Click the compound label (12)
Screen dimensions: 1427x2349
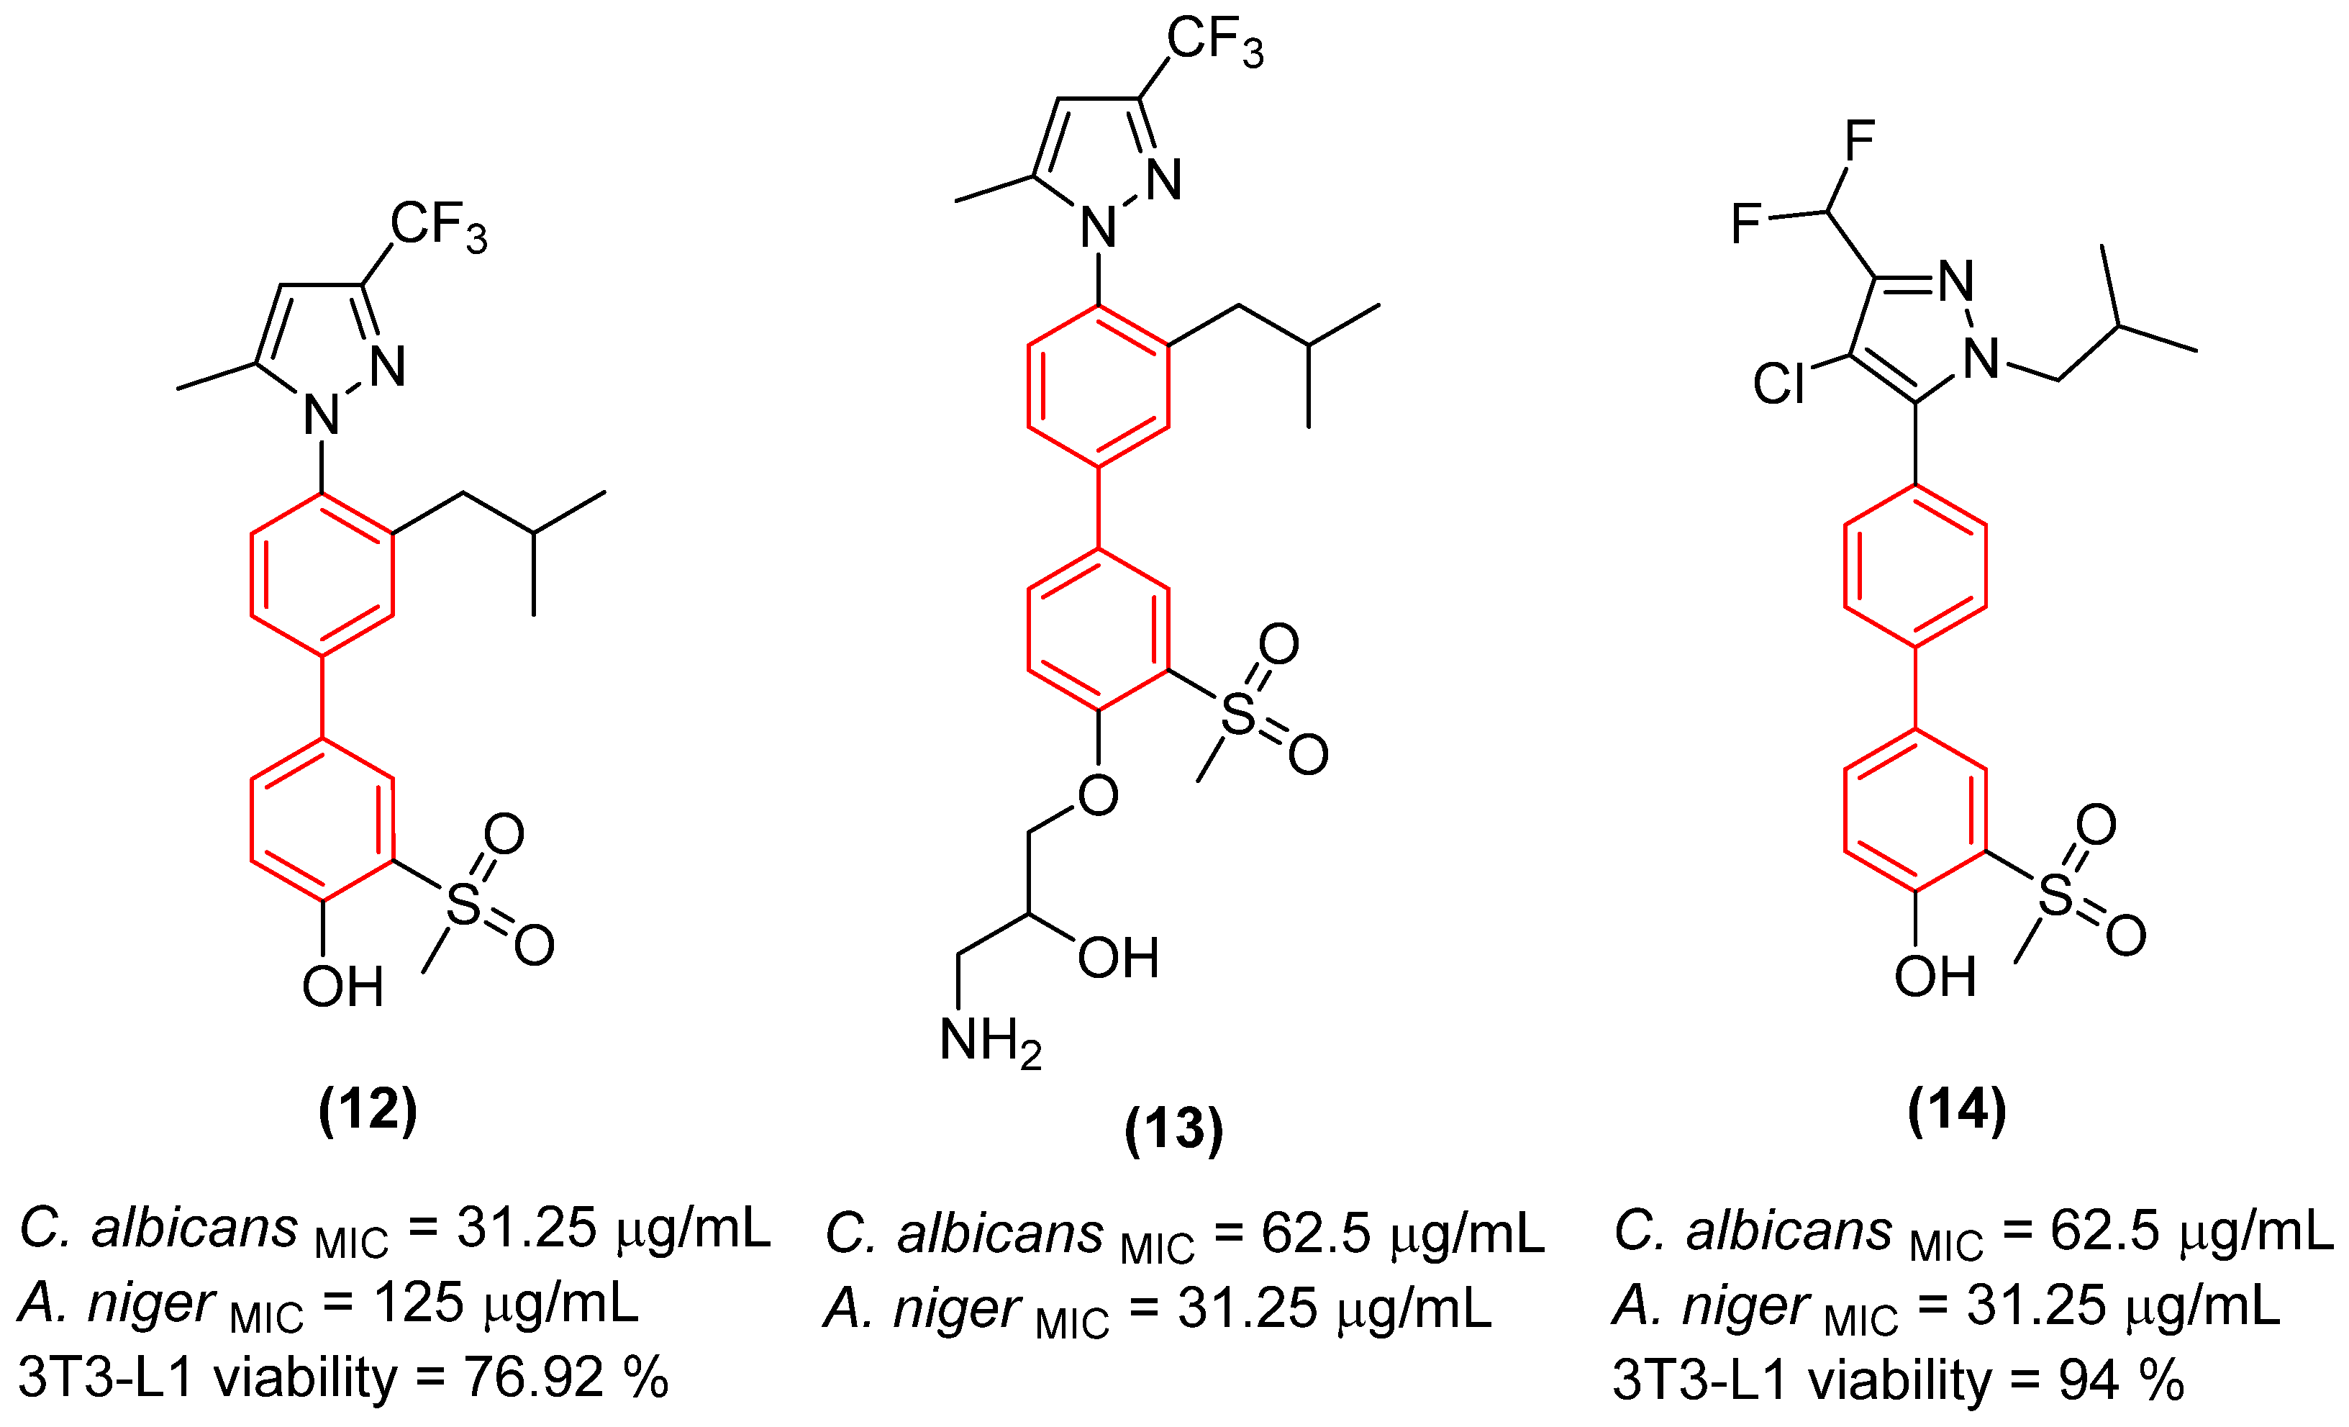[x=368, y=1110]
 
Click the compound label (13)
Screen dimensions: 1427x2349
[x=1173, y=1130]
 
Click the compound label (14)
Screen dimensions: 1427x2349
[x=1957, y=1110]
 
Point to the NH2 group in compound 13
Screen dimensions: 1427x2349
[x=989, y=1042]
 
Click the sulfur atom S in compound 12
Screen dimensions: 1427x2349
[x=463, y=904]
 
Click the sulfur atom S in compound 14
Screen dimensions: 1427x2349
[x=2056, y=895]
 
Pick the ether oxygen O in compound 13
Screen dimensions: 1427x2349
[x=1098, y=795]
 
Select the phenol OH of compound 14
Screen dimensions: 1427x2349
[x=1935, y=977]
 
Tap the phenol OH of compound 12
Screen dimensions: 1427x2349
[x=342, y=987]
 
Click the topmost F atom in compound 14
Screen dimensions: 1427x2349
[x=1860, y=140]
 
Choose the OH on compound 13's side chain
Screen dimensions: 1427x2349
[x=1117, y=958]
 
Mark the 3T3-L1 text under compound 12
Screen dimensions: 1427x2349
[x=106, y=1377]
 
